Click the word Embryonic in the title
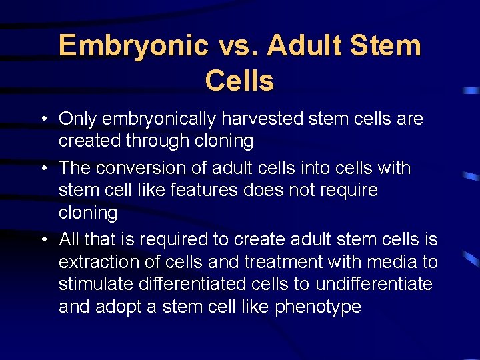click(133, 46)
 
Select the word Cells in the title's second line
click(239, 81)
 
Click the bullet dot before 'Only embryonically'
click(42, 119)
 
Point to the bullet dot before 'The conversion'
click(42, 168)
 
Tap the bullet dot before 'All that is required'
click(42, 239)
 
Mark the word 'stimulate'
click(96, 284)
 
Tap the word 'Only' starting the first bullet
click(76, 119)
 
